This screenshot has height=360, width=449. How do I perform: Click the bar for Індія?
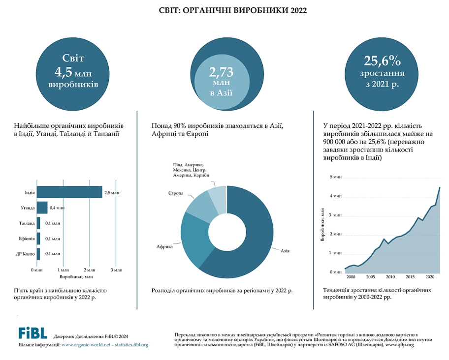[x=69, y=193]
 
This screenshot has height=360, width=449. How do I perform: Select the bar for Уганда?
[x=42, y=208]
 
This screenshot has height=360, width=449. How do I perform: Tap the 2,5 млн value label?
[x=112, y=193]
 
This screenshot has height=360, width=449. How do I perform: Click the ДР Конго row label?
[x=25, y=254]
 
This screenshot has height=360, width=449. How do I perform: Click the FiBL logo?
[x=32, y=333]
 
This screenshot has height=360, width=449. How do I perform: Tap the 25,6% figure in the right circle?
[x=383, y=61]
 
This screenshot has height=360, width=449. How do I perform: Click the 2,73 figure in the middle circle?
[x=221, y=73]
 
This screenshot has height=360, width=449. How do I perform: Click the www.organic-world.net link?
[x=86, y=345]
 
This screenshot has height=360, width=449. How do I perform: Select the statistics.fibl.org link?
[x=130, y=345]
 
